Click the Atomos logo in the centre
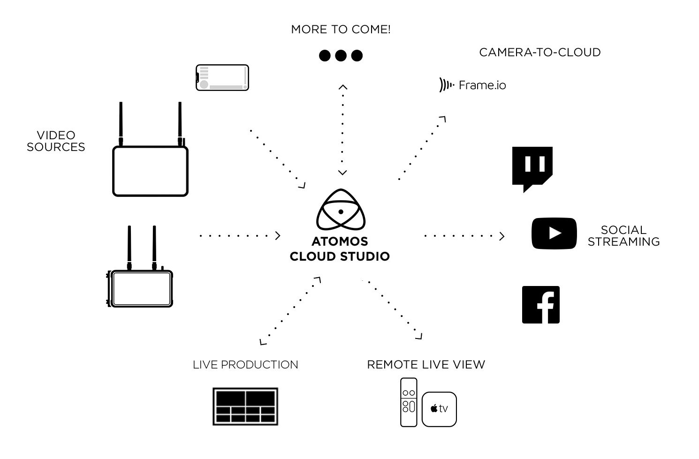click(341, 211)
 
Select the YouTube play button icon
click(554, 233)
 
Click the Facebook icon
click(541, 305)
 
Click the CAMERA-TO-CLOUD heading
click(539, 53)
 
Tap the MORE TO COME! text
click(341, 30)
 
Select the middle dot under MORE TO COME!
click(341, 56)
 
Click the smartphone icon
click(222, 78)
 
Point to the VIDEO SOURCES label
click(56, 141)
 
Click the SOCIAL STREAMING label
click(623, 236)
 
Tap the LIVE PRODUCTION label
click(245, 365)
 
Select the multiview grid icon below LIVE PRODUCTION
click(245, 406)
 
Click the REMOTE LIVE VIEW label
click(426, 365)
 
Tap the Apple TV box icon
click(439, 409)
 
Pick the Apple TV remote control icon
click(409, 402)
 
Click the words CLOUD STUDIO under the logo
click(340, 256)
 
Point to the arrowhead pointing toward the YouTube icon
click(502, 236)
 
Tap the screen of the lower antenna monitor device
click(142, 288)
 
